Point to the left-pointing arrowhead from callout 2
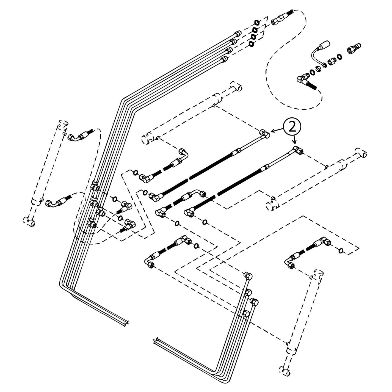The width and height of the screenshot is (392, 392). (x=272, y=131)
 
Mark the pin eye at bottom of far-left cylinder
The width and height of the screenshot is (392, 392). (x=29, y=222)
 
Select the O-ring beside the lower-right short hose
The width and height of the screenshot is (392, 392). (x=341, y=250)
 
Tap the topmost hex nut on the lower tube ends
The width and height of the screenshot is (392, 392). (x=248, y=276)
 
